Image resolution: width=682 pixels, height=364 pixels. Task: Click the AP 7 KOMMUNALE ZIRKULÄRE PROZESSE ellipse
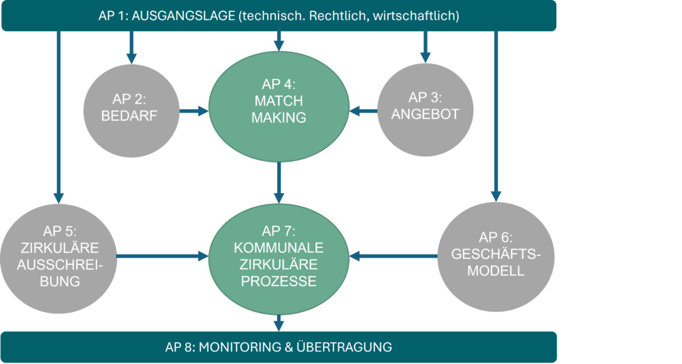coord(279,256)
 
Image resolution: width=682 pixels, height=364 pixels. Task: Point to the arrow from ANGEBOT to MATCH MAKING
coord(364,110)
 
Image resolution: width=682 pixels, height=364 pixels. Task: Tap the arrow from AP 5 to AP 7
coord(163,255)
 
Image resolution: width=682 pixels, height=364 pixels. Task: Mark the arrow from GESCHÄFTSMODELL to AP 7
coord(394,255)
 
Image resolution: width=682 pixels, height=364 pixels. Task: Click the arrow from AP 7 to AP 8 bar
coord(279,323)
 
